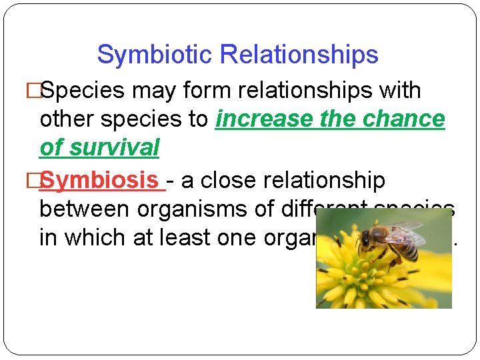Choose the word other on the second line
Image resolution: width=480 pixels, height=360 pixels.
tap(67, 119)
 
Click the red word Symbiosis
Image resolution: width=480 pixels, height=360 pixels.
tap(101, 180)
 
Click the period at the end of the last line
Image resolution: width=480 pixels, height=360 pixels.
tap(455, 244)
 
